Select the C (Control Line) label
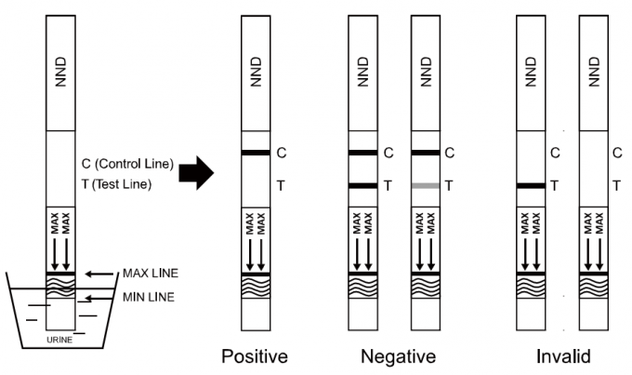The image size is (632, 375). [127, 165]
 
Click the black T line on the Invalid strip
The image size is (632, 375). [532, 186]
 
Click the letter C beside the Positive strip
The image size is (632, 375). [283, 152]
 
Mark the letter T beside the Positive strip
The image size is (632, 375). [282, 186]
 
